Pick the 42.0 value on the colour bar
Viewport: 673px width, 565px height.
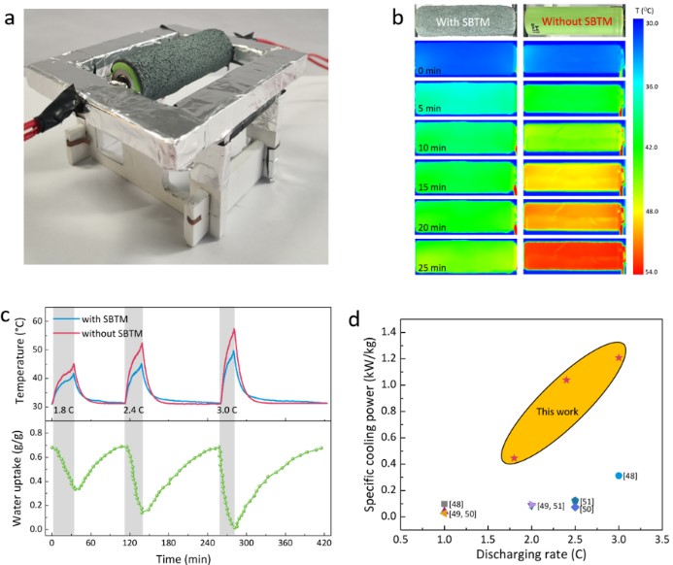653,148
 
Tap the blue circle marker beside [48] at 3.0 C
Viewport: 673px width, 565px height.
619,476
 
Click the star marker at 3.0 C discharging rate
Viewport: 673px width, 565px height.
619,358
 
